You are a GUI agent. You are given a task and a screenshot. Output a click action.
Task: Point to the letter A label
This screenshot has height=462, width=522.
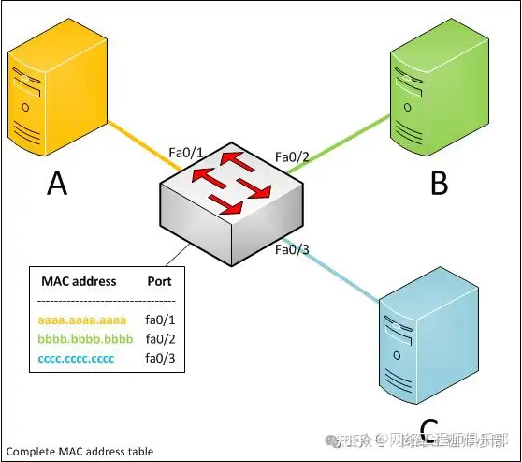pyautogui.click(x=57, y=184)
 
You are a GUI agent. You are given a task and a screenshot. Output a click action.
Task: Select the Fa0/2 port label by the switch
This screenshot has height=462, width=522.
pyautogui.click(x=292, y=156)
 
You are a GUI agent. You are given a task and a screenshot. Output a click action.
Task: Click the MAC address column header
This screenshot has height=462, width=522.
pyautogui.click(x=79, y=281)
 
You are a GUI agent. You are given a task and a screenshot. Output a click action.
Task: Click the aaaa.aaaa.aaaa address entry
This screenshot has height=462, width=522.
pyautogui.click(x=79, y=320)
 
